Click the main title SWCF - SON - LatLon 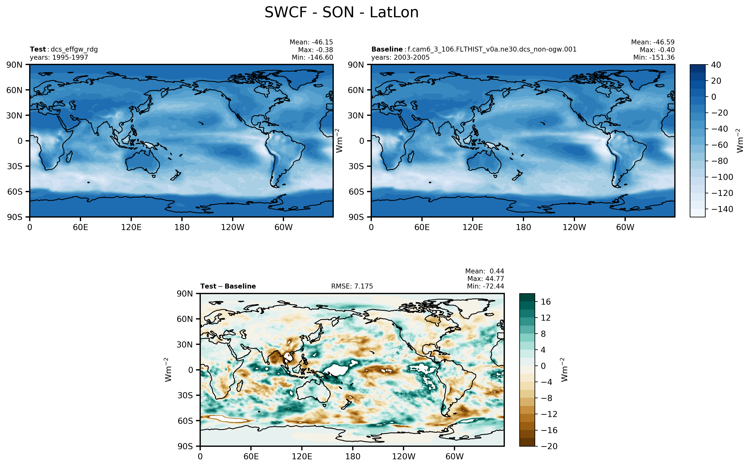(x=341, y=13)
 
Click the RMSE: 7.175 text (x=352, y=286)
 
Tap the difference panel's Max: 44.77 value (x=486, y=279)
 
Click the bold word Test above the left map (x=38, y=49)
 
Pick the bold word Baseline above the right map (x=387, y=49)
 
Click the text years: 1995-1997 (x=59, y=58)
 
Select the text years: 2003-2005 (x=400, y=58)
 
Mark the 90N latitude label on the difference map (x=185, y=294)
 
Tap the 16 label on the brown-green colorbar (x=546, y=302)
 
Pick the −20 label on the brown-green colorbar (x=549, y=446)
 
